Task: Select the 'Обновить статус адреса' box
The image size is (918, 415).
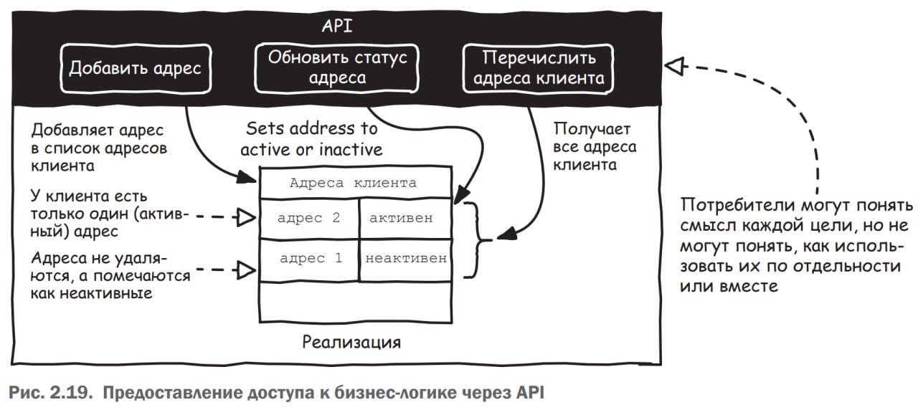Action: coord(337,68)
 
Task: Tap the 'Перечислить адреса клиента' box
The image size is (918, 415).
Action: coord(538,68)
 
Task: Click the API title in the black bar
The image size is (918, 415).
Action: coord(337,27)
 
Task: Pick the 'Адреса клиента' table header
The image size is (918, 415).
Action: coord(354,183)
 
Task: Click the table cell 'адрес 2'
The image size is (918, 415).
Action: coord(308,219)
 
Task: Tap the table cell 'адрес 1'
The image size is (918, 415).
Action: coord(308,257)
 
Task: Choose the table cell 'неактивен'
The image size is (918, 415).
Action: coord(405,257)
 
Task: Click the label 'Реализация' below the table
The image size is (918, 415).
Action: coord(351,341)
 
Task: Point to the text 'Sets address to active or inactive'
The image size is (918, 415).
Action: coord(311,139)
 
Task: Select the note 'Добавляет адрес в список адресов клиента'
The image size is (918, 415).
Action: coord(99,148)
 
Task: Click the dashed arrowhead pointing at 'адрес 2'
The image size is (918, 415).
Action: coord(246,217)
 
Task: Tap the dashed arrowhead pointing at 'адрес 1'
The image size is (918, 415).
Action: coord(246,270)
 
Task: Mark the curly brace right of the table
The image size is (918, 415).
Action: coord(473,239)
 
